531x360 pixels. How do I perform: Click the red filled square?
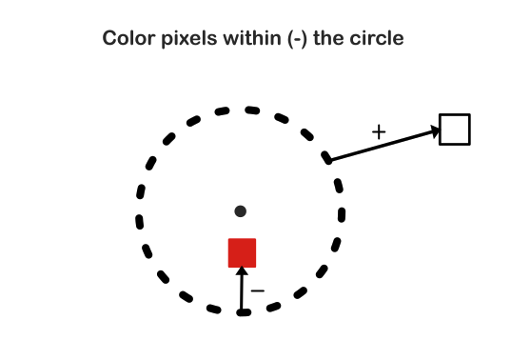coord(242,252)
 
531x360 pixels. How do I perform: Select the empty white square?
coord(455,130)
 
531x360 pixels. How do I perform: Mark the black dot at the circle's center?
coord(241,211)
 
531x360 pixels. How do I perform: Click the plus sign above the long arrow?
coord(379,132)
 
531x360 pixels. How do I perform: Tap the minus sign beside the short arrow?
coord(257,290)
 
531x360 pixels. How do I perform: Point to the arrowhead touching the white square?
coord(436,131)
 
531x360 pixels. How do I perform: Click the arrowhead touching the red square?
coord(242,272)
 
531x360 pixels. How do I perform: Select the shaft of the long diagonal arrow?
coord(381,146)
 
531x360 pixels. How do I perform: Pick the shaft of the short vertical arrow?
coord(242,293)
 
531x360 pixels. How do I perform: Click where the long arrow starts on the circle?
coord(329,160)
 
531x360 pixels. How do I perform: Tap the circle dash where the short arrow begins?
coord(243,311)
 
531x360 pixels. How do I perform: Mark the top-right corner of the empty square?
coord(469,115)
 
